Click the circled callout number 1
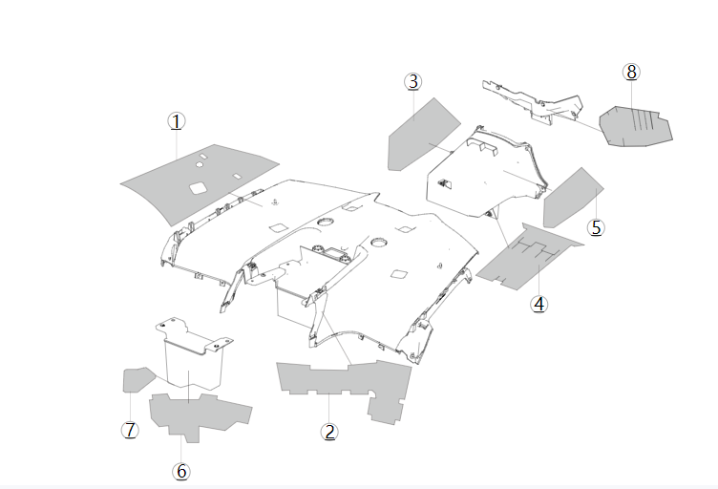pos(177,121)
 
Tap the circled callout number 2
pos(329,432)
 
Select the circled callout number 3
pos(412,82)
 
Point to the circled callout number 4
pos(539,304)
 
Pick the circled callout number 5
pos(597,227)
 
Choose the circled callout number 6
pos(181,471)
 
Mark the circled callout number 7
pos(130,430)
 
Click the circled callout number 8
pos(630,72)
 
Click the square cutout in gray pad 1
pos(199,187)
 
